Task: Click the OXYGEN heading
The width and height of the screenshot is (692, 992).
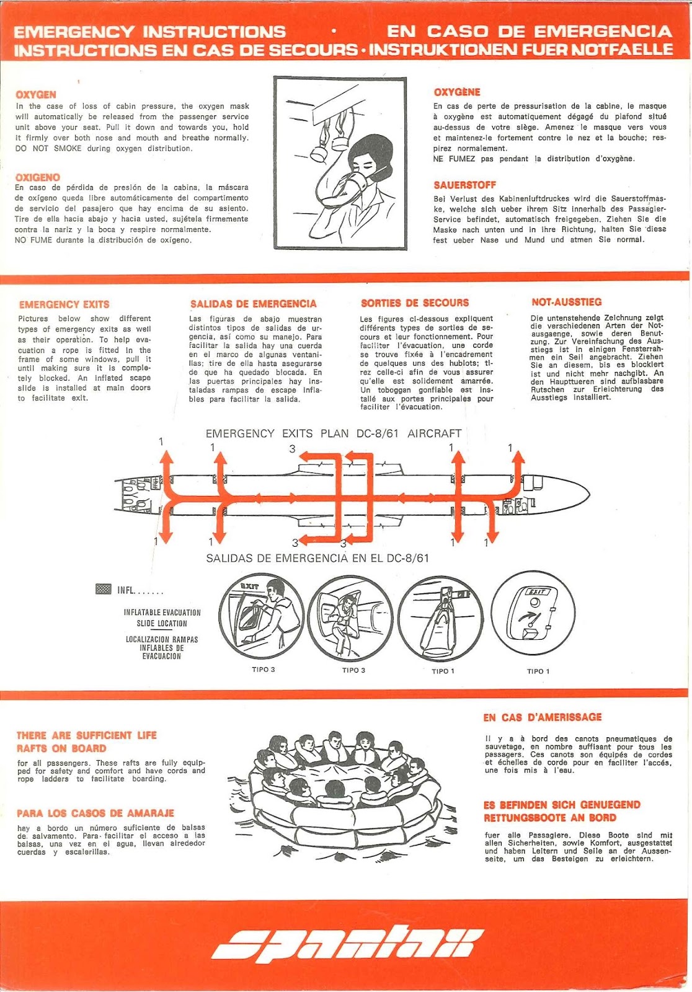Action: coord(36,95)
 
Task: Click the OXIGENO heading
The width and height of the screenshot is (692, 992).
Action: coord(38,177)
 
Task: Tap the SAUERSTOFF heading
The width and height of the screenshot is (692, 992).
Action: coord(464,185)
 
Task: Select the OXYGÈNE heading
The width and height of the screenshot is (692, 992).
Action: coord(457,92)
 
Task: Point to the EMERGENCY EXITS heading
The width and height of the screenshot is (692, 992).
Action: coord(64,304)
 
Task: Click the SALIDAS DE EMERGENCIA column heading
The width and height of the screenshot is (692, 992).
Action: coord(253,304)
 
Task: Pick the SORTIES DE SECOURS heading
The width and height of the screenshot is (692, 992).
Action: coord(415,303)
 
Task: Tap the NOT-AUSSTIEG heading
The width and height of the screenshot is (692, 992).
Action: coord(566,302)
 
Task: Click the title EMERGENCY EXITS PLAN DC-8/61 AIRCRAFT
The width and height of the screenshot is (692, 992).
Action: coord(334,433)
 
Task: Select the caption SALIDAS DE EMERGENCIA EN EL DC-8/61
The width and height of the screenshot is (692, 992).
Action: coord(317,558)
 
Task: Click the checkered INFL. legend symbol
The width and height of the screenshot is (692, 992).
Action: coord(104,589)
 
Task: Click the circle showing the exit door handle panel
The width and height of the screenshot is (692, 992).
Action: coord(534,614)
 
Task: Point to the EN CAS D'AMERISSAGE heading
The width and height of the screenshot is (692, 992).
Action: coord(543,717)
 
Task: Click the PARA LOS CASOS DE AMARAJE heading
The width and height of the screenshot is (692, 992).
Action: coord(95,813)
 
